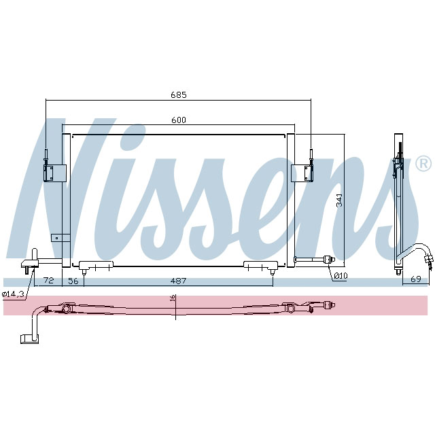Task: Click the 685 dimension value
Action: tap(179, 94)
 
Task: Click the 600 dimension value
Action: tap(179, 120)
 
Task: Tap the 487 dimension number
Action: tap(179, 280)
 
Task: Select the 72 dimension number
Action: tap(48, 280)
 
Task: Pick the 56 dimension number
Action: tap(73, 280)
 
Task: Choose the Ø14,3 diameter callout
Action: tap(13, 294)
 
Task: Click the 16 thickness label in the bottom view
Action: tap(173, 298)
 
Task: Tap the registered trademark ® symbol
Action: tap(422, 164)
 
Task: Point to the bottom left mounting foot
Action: tap(94, 266)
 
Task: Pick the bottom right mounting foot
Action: tap(260, 266)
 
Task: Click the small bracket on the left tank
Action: tap(63, 238)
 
